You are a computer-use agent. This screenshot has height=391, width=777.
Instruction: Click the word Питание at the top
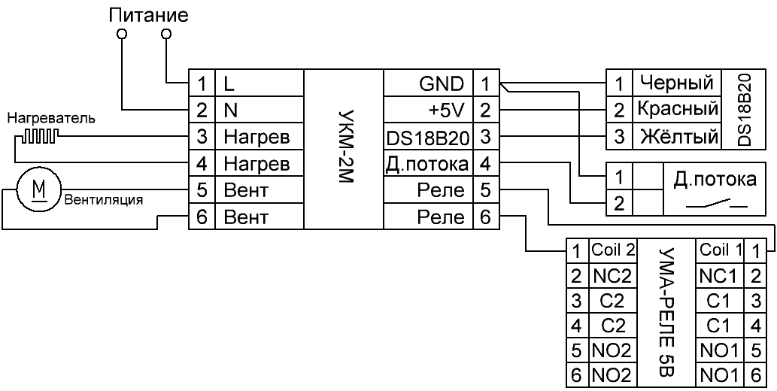point(148,14)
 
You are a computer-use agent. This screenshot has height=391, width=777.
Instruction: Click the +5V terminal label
point(450,111)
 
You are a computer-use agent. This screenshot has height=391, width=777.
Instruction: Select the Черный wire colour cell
point(675,82)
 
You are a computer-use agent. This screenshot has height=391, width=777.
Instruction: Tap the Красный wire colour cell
point(675,110)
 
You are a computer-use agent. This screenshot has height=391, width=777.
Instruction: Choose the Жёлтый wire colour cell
point(675,137)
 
